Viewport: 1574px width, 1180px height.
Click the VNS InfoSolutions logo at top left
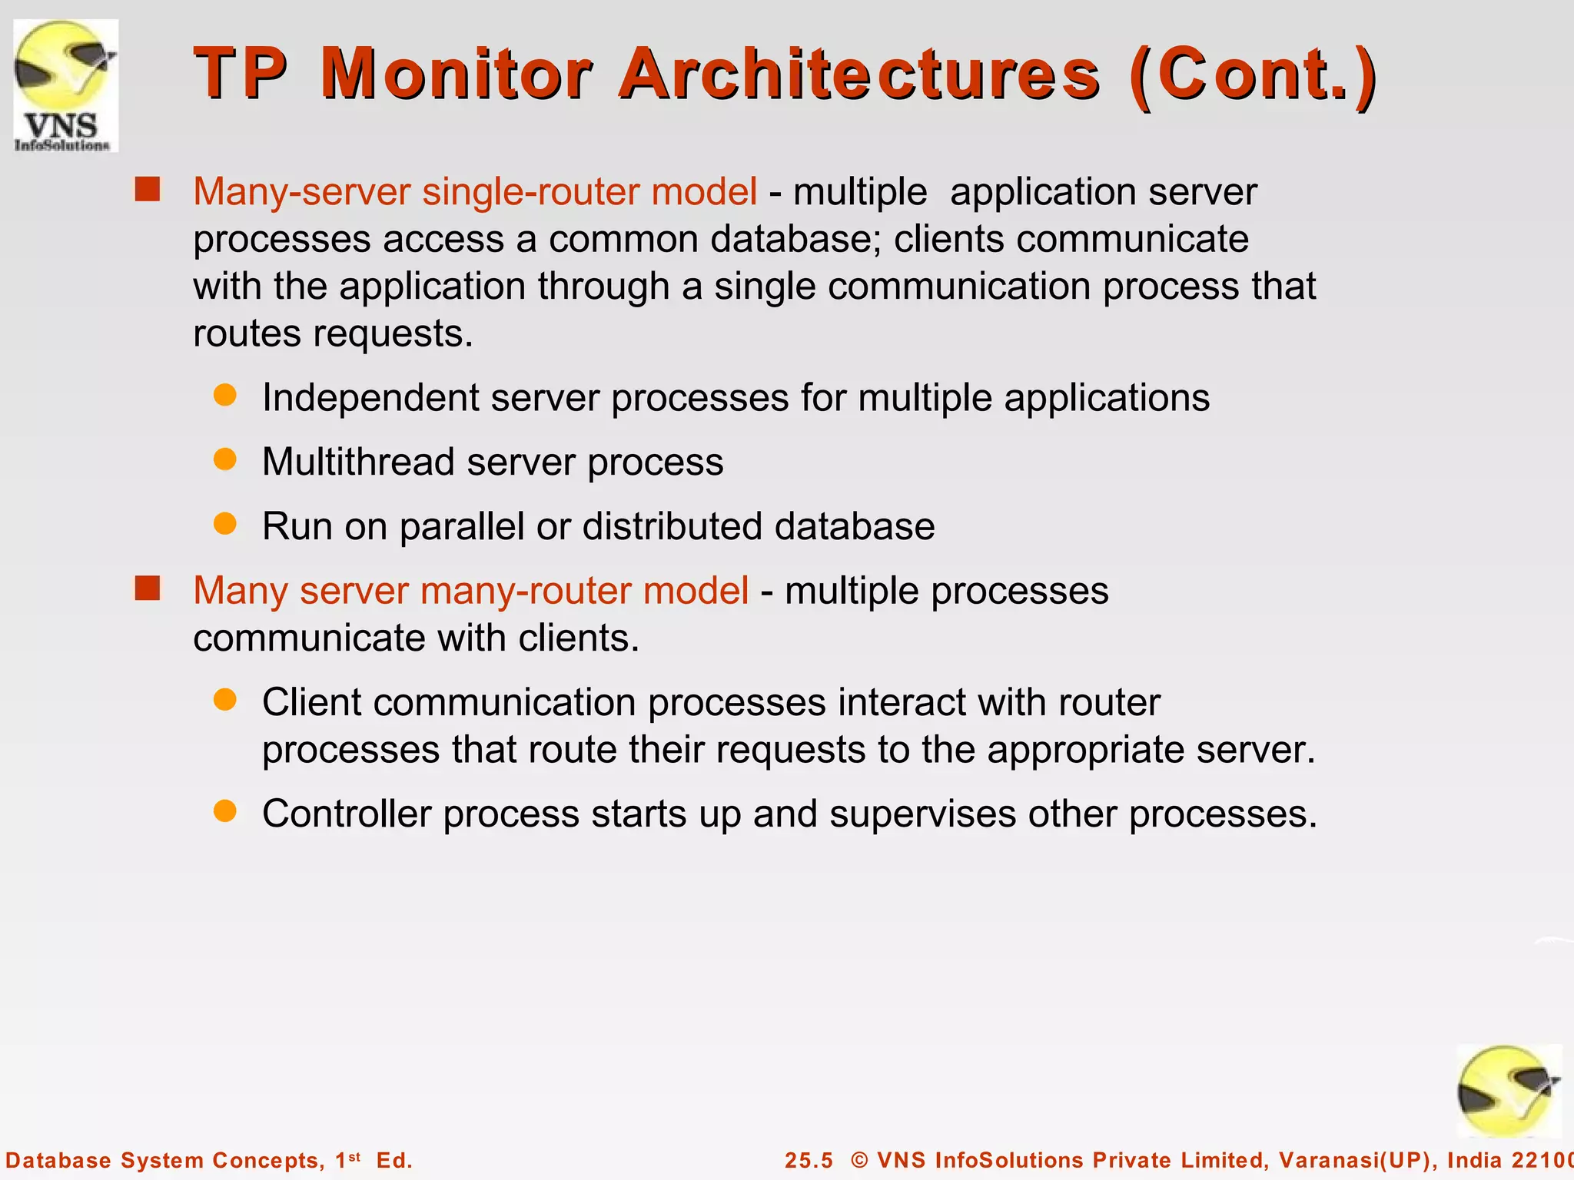pyautogui.click(x=66, y=85)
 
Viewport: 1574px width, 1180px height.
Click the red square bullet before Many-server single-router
pyautogui.click(x=147, y=189)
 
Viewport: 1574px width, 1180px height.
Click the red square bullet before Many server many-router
pyautogui.click(x=147, y=588)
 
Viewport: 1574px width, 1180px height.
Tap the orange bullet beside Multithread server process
pyautogui.click(x=224, y=459)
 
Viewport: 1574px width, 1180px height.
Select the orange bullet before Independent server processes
pyautogui.click(x=224, y=396)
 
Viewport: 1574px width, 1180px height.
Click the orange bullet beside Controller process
pyautogui.click(x=224, y=811)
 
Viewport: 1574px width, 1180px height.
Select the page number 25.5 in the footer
pyautogui.click(x=809, y=1160)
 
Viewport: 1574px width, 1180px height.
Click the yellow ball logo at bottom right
pyautogui.click(x=1508, y=1092)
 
